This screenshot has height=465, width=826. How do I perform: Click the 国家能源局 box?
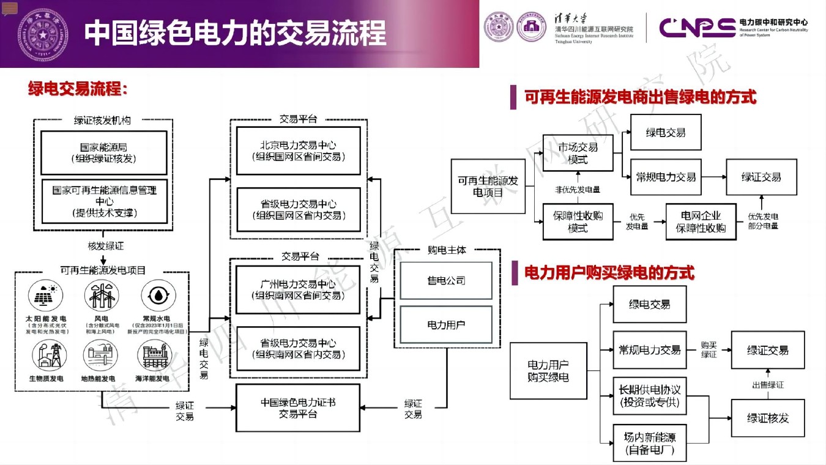(103, 152)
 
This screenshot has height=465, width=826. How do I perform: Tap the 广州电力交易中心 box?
(299, 289)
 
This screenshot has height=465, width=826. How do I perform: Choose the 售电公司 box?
(446, 280)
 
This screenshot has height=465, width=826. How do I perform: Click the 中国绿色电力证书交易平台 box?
(299, 408)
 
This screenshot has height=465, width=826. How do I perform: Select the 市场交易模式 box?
(578, 153)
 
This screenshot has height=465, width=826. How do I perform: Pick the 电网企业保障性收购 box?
(701, 222)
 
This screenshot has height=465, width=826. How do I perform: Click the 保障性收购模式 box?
(578, 222)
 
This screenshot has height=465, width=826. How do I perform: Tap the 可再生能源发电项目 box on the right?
(488, 186)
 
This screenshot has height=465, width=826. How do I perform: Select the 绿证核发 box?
(767, 418)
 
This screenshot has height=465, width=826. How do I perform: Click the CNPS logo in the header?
(697, 28)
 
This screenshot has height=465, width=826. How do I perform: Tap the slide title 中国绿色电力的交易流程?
(236, 33)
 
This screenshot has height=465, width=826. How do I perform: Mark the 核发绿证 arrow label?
(106, 246)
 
